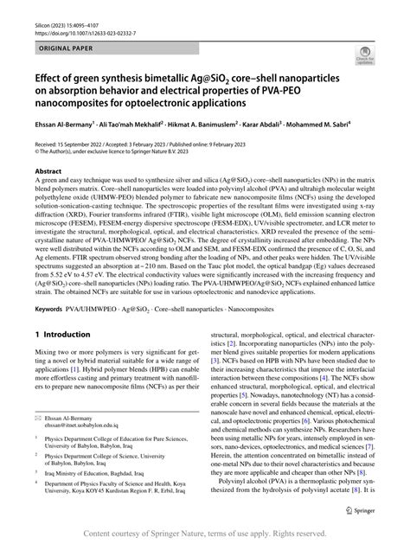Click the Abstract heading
pyautogui.click(x=48, y=171)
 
